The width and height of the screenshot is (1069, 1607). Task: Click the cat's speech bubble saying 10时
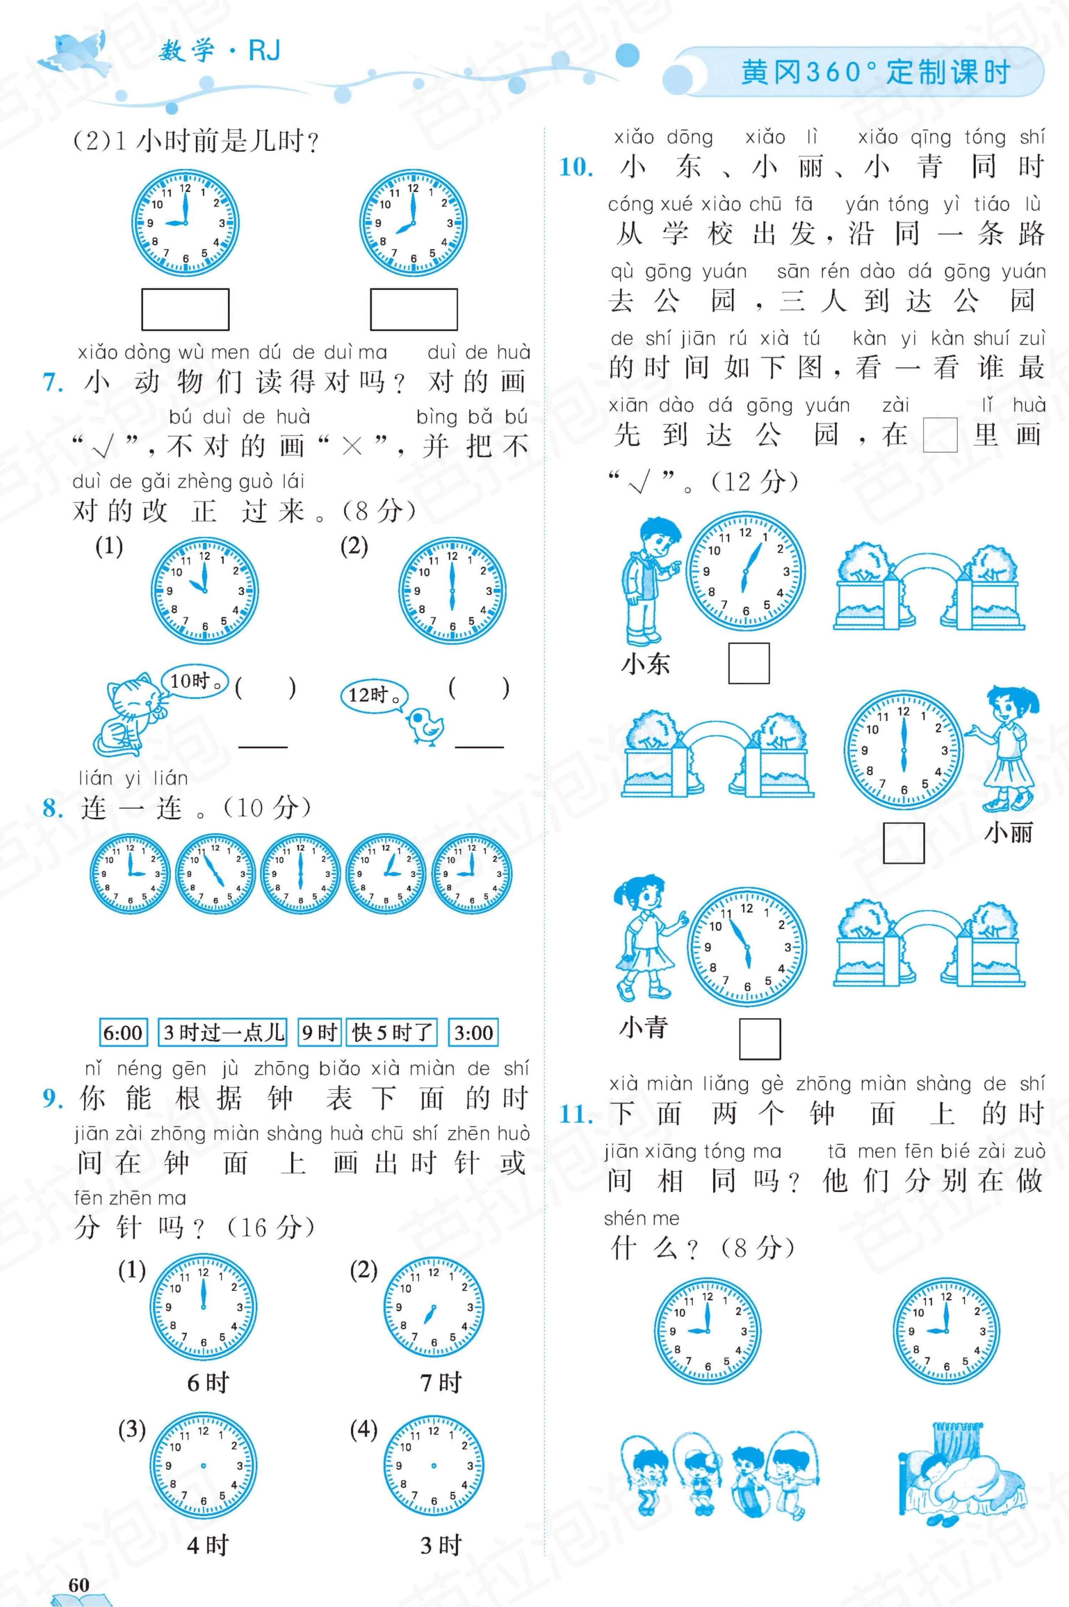pos(194,681)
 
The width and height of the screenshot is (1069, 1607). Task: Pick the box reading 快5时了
pos(392,1032)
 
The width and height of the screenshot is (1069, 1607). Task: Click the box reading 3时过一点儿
pos(223,1032)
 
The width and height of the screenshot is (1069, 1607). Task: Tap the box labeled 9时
pos(320,1032)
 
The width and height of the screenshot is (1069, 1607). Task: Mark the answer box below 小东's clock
pos(749,663)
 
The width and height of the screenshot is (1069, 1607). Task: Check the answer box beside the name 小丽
pos(903,843)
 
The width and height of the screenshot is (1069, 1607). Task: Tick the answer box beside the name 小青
pos(760,1038)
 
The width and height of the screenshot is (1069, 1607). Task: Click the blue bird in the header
pos(75,53)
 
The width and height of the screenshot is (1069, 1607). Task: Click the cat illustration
pos(129,714)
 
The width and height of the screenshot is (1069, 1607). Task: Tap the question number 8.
pos(53,808)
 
